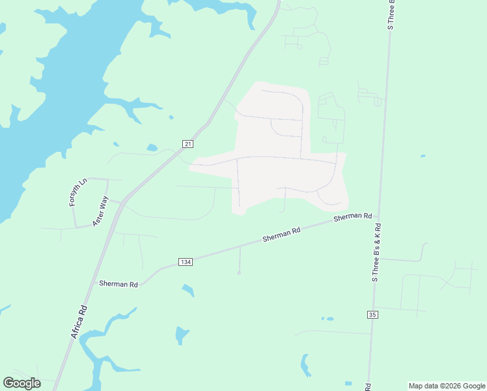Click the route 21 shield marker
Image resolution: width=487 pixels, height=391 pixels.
click(x=188, y=144)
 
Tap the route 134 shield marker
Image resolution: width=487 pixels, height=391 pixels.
click(x=186, y=262)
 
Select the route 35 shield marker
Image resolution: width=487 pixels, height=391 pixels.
click(x=372, y=315)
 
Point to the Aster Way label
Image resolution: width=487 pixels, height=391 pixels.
click(x=100, y=211)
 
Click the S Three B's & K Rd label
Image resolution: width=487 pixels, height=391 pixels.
click(x=376, y=252)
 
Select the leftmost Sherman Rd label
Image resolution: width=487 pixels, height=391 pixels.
click(x=118, y=284)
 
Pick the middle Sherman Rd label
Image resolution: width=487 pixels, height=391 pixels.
click(x=281, y=235)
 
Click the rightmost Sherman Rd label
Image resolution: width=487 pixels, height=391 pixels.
click(x=352, y=216)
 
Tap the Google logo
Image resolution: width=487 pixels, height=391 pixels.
click(x=21, y=383)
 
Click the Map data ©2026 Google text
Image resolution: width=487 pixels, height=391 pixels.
click(x=447, y=386)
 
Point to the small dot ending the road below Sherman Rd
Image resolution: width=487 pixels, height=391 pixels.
click(x=239, y=273)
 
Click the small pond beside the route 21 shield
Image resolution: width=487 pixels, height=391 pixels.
click(x=152, y=148)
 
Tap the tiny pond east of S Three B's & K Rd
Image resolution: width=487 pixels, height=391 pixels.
click(x=423, y=156)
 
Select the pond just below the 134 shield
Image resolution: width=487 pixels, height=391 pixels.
click(x=188, y=289)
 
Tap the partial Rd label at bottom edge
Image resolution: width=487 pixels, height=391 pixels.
click(x=369, y=386)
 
